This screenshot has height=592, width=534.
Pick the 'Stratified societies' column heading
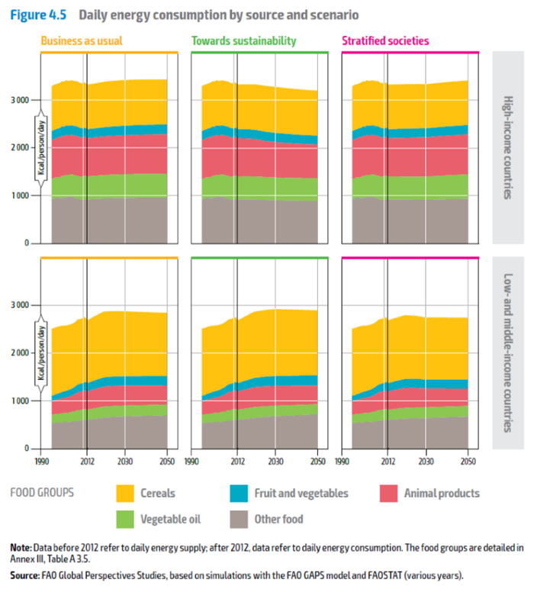pos(385,41)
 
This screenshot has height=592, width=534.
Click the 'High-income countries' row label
pos(508,148)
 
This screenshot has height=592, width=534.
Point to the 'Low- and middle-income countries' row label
pos(508,352)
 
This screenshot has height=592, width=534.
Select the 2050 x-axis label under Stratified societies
pos(468,461)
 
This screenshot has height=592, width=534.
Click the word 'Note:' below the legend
pos(21,548)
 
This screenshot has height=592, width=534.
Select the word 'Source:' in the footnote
pos(26,574)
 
